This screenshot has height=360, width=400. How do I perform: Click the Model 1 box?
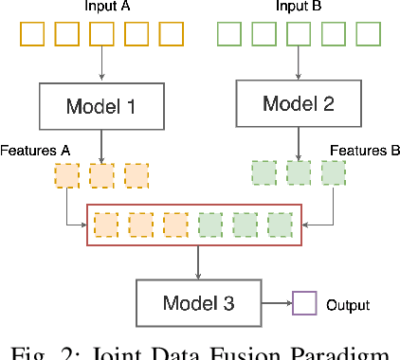click(101, 106)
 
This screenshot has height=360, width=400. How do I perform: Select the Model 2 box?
click(299, 102)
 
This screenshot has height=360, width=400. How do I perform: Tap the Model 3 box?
click(198, 304)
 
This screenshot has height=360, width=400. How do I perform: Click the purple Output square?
click(304, 305)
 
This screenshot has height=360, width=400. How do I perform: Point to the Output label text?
click(347, 306)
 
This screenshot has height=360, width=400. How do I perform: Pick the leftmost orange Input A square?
click(31, 35)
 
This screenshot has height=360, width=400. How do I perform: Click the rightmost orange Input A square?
click(171, 35)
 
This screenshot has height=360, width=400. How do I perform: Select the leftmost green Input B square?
click(229, 35)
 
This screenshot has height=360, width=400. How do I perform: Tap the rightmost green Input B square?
click(368, 35)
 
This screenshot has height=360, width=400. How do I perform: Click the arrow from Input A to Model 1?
click(101, 65)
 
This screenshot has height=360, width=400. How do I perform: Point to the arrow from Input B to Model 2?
click(299, 63)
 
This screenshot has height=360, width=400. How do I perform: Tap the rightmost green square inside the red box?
click(280, 225)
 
